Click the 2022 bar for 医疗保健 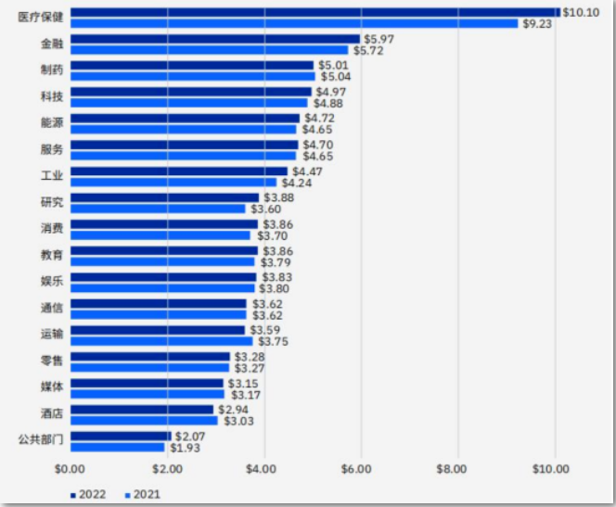[x=314, y=12]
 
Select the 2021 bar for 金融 [x=209, y=50]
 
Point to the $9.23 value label [x=538, y=23]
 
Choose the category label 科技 [x=52, y=96]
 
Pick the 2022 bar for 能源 [x=185, y=119]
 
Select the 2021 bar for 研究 [x=158, y=209]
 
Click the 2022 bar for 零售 [x=149, y=357]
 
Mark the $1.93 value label [x=185, y=448]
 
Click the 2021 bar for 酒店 [x=144, y=421]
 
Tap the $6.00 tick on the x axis [x=358, y=469]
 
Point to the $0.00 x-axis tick [x=69, y=469]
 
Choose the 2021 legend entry [x=143, y=494]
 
